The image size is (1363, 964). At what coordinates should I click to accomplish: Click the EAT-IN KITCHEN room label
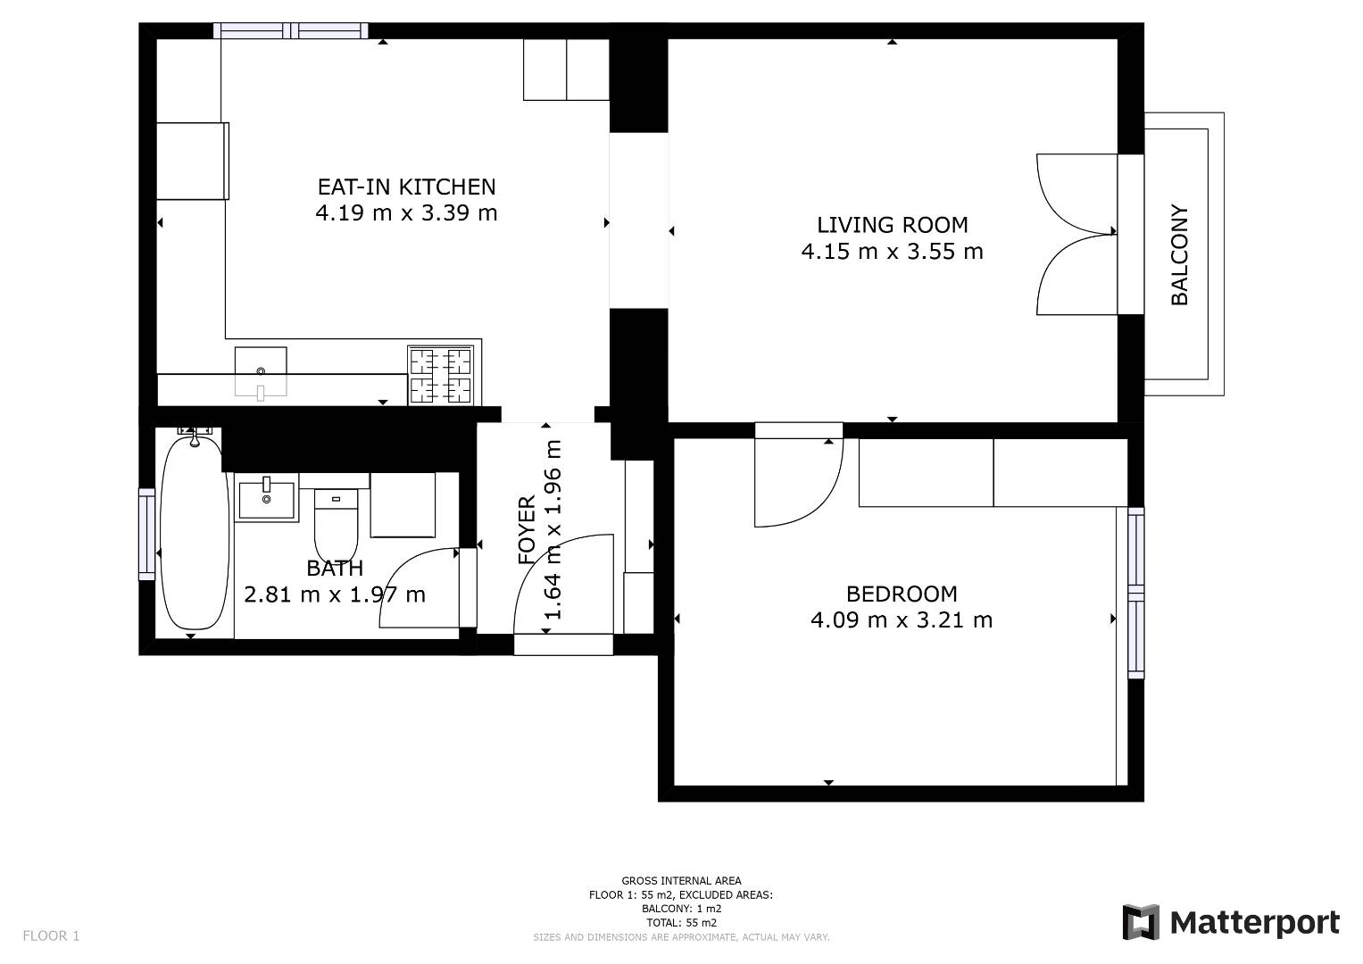coord(406,187)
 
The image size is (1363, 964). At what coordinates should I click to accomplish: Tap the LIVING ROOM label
coord(892,225)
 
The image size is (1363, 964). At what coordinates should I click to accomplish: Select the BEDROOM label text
coord(902,594)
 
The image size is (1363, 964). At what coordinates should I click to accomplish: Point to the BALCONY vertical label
coord(1179,254)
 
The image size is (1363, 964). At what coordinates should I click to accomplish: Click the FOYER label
coord(527,530)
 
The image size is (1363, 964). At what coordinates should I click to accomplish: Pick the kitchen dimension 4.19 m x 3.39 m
coord(406,213)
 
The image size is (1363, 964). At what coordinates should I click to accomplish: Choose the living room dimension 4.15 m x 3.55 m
coord(892,252)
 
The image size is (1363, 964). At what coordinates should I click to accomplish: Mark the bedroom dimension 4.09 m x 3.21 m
coord(902,620)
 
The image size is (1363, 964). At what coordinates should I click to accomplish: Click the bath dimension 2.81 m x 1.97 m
coord(335,594)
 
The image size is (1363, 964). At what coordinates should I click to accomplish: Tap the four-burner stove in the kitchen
coord(441,375)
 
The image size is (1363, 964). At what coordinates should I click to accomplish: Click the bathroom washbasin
coord(267,499)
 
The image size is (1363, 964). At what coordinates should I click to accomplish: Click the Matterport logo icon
coord(1140,922)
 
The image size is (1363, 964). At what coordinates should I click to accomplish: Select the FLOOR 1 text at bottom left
coord(51,936)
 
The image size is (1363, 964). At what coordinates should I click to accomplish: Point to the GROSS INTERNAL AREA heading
coord(681,881)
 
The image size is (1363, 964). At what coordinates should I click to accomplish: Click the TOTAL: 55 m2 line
coord(681,923)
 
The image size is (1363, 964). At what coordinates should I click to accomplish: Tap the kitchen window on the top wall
coord(291,31)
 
